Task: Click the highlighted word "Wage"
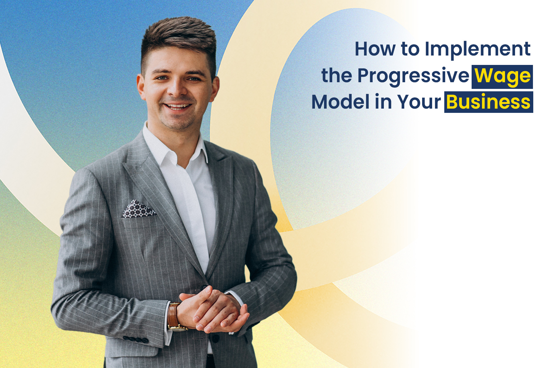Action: point(502,76)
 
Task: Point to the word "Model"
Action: point(340,102)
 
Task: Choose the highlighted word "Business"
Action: point(488,102)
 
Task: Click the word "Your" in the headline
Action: point(419,102)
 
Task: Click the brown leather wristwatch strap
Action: point(172,315)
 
